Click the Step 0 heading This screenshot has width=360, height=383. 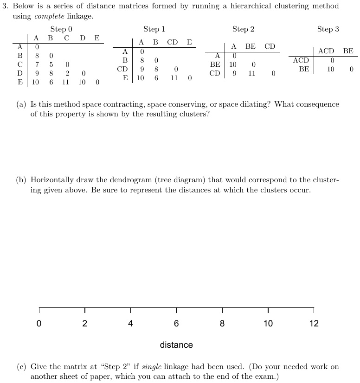(61, 29)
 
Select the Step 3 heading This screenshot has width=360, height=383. (328, 29)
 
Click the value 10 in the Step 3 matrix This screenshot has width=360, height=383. (331, 69)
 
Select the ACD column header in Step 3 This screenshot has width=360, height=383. (326, 51)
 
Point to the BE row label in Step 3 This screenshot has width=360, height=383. (304, 69)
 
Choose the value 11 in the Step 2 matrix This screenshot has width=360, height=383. (252, 73)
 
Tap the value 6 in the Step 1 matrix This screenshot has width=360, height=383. (156, 78)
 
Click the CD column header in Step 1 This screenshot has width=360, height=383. (173, 42)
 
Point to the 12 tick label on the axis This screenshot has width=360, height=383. (314, 324)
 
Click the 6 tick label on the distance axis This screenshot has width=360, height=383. (176, 324)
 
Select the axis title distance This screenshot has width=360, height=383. (176, 345)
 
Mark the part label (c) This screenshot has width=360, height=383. (21, 367)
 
